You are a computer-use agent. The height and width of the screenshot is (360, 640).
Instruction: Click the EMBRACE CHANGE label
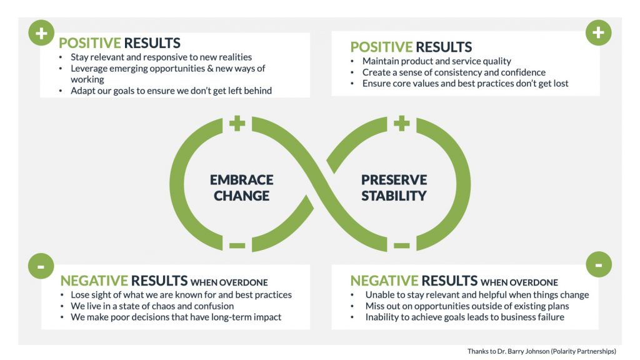pos(241,187)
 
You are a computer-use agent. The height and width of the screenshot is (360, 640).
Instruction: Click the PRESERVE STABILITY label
pos(394,187)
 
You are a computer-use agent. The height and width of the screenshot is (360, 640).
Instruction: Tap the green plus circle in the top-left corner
pos(41,33)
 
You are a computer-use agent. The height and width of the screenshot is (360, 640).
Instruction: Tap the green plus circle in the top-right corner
pos(598,32)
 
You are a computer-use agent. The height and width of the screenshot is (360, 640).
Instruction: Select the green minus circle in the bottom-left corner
pos(41,266)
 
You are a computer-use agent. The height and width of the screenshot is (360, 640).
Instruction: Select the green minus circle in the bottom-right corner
pos(598,265)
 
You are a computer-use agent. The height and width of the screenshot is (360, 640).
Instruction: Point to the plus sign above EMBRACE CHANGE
pos(237,123)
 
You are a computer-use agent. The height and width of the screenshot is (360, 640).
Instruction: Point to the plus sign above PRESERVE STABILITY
pos(402,123)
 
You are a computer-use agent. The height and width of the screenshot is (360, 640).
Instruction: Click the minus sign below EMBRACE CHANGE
pos(237,246)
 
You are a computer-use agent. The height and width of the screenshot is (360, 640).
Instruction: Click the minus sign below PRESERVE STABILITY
pos(402,246)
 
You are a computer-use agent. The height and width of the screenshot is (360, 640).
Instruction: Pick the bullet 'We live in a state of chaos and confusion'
pos(152,306)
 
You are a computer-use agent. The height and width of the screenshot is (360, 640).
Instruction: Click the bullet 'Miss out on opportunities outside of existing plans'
pos(467,306)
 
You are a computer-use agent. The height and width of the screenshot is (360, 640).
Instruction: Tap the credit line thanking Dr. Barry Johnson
pos(541,351)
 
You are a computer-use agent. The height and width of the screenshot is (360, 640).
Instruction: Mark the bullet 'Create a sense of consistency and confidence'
pos(454,72)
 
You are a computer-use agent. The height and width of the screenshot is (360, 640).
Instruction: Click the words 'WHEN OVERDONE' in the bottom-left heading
pos(229,282)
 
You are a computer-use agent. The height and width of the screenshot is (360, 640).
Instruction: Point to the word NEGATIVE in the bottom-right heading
pos(384,281)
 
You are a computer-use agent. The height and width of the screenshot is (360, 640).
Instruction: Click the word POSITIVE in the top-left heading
pos(89,43)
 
